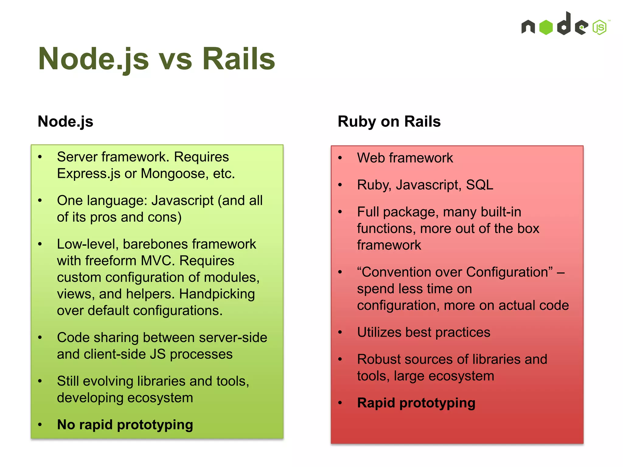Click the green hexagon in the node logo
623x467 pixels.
(546, 27)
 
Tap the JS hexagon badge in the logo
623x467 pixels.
(600, 27)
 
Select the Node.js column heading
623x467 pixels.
(65, 122)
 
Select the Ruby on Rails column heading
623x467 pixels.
(389, 122)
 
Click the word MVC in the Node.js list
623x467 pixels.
(158, 261)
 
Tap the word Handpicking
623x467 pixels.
(217, 294)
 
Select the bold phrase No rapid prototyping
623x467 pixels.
(125, 425)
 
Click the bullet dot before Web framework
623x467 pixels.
(340, 158)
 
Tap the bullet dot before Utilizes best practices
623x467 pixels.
(340, 332)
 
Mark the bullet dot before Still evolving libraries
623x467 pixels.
(40, 381)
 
